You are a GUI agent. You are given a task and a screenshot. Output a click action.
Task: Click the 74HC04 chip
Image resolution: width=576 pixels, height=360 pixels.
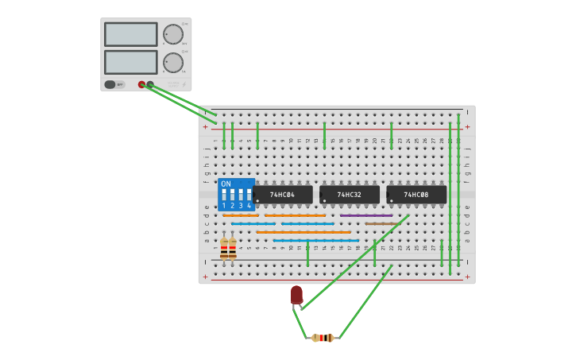pyautogui.click(x=283, y=195)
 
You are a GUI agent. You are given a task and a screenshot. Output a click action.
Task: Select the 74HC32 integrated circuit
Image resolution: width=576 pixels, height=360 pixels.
pyautogui.click(x=350, y=195)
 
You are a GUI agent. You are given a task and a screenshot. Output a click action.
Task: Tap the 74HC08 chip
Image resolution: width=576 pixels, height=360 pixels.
pyautogui.click(x=416, y=195)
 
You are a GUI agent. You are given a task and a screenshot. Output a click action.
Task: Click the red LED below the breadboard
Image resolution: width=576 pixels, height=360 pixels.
pyautogui.click(x=296, y=295)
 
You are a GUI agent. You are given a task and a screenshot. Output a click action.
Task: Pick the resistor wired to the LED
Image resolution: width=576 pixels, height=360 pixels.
pyautogui.click(x=323, y=338)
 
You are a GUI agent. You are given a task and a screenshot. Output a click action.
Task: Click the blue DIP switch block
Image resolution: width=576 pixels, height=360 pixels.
pyautogui.click(x=236, y=195)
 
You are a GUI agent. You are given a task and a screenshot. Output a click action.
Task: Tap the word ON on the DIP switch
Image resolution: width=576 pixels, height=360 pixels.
pyautogui.click(x=226, y=184)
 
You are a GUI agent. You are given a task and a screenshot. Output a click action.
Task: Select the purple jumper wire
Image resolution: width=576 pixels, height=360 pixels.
pyautogui.click(x=366, y=215)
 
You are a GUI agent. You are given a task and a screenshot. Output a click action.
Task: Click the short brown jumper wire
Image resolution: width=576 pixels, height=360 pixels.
pyautogui.click(x=379, y=224)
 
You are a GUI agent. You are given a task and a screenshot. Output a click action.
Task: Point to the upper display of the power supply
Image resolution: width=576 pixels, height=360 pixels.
pyautogui.click(x=130, y=34)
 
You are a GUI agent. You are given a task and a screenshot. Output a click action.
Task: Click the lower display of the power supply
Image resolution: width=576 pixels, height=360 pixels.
pyautogui.click(x=130, y=62)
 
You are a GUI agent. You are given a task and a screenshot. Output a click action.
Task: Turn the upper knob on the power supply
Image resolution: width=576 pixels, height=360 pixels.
pyautogui.click(x=172, y=34)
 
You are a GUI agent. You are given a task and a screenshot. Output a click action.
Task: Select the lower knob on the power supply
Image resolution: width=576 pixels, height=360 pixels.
pyautogui.click(x=172, y=63)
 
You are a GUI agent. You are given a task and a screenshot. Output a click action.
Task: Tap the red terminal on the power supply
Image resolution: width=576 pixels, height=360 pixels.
pyautogui.click(x=141, y=84)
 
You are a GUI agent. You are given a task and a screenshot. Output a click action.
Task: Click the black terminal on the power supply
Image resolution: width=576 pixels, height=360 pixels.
pyautogui.click(x=150, y=84)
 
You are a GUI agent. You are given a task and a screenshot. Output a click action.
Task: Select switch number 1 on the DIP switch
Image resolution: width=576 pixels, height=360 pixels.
pyautogui.click(x=224, y=195)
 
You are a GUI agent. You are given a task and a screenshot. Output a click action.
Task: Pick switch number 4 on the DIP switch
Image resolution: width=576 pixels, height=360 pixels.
pyautogui.click(x=249, y=195)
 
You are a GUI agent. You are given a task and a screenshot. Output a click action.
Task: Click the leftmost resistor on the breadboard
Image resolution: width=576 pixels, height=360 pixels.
pyautogui.click(x=224, y=248)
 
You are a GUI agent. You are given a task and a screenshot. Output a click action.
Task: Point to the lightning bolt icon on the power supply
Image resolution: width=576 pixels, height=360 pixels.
pyautogui.click(x=184, y=84)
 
